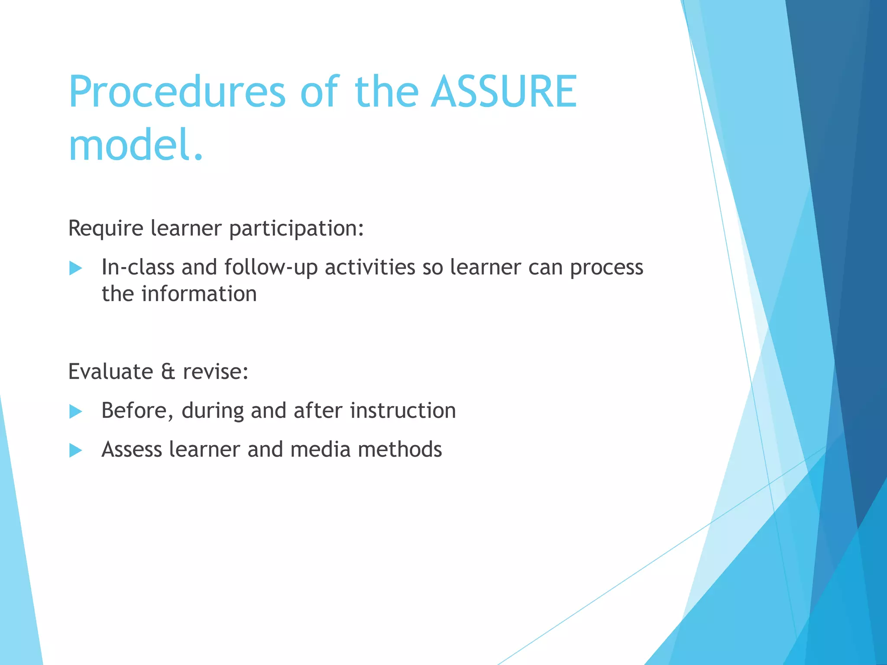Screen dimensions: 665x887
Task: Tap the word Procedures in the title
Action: pyautogui.click(x=177, y=92)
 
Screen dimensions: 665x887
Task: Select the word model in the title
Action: pyautogui.click(x=129, y=145)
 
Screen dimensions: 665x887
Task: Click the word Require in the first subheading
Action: pyautogui.click(x=106, y=229)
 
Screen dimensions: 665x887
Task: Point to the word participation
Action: pyautogui.click(x=296, y=229)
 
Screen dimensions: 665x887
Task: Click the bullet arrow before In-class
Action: pyautogui.click(x=75, y=268)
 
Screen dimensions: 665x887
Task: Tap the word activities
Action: pyautogui.click(x=370, y=268)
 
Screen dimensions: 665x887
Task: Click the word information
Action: pyautogui.click(x=199, y=294)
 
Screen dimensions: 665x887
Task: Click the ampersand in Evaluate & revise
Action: pyautogui.click(x=168, y=372)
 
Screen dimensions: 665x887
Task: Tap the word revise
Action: pyautogui.click(x=215, y=372)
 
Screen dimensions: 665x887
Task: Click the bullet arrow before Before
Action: pyautogui.click(x=75, y=411)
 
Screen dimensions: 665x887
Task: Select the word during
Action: pyautogui.click(x=212, y=411)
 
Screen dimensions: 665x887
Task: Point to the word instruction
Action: pyautogui.click(x=403, y=411)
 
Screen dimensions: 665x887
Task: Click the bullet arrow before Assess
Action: pyautogui.click(x=75, y=450)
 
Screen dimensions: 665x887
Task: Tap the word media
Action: pyautogui.click(x=320, y=449)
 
